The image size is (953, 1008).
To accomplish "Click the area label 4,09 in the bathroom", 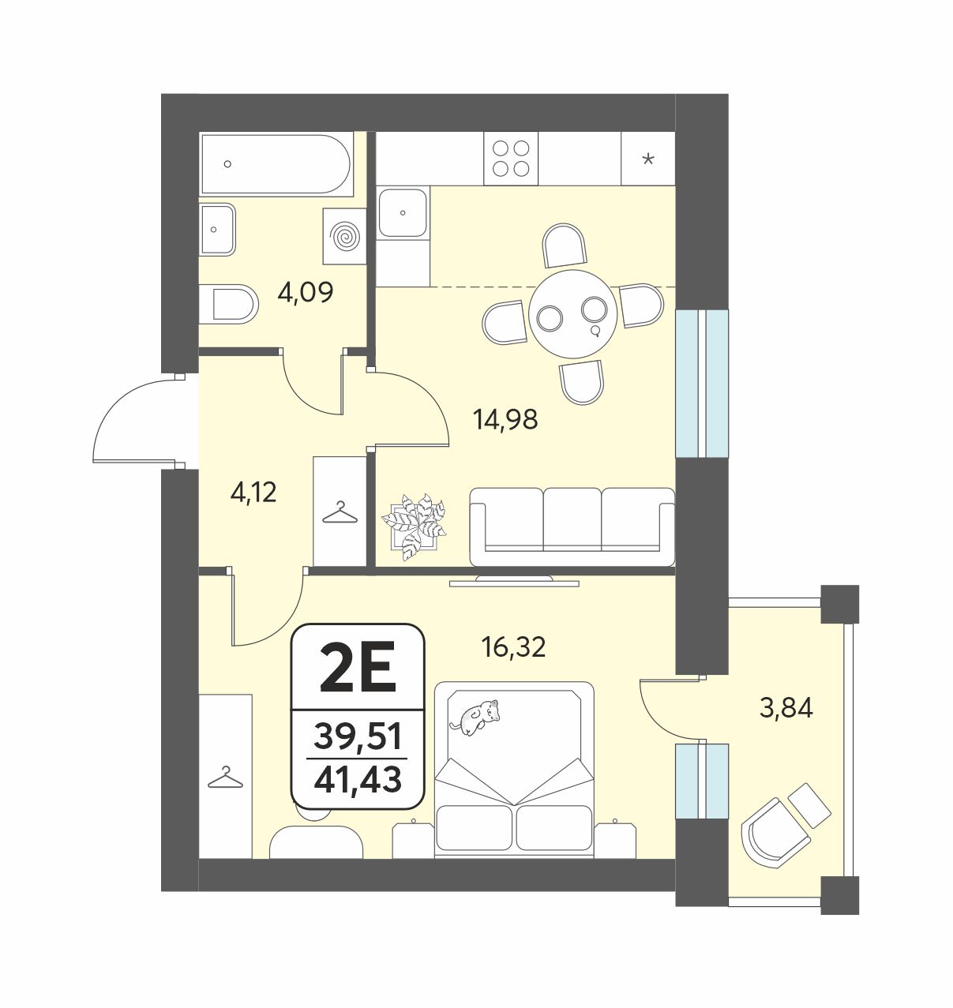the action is [x=306, y=293].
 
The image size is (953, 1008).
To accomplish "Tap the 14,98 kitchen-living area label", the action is [x=506, y=419].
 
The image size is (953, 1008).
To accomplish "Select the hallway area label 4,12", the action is [x=254, y=493].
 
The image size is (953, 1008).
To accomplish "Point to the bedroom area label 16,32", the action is [x=513, y=647].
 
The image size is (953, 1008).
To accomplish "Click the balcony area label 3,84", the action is [x=786, y=710].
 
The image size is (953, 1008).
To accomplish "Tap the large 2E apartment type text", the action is [x=358, y=669].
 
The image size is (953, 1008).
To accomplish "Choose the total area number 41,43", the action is [x=358, y=781].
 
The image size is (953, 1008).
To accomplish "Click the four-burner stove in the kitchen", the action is [x=511, y=159].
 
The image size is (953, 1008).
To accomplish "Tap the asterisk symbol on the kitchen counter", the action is [x=648, y=159].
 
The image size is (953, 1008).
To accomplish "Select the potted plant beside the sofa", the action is [x=414, y=526].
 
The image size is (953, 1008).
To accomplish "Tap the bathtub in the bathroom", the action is [x=276, y=164].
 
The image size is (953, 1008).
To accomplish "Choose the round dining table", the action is [x=572, y=314].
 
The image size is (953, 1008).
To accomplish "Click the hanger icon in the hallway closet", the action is [x=340, y=513].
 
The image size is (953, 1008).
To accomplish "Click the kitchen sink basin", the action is [x=403, y=212].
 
